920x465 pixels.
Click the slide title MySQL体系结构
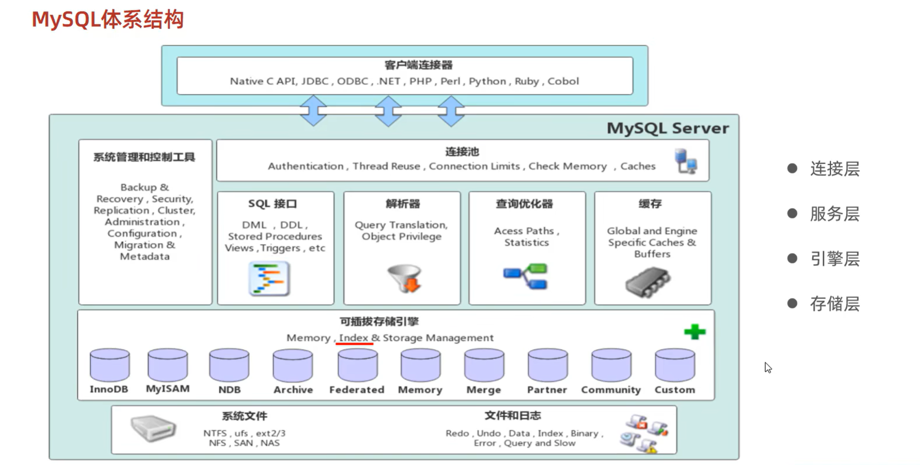tap(107, 20)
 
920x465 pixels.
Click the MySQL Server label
tap(667, 128)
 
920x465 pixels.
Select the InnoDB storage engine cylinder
tap(110, 365)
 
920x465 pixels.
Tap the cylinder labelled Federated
tap(357, 365)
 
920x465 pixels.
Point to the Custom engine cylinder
tap(675, 365)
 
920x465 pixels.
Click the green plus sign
tap(695, 332)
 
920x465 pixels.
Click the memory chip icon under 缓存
tap(648, 282)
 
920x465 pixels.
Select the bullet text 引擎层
tap(834, 259)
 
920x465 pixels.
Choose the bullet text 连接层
tap(834, 169)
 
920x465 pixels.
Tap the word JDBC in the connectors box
tap(315, 81)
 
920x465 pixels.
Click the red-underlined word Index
tap(354, 338)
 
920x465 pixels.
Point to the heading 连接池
tap(462, 152)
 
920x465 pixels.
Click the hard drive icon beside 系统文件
tap(153, 428)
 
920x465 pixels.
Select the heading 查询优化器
tap(524, 204)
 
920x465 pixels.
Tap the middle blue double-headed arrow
tap(388, 111)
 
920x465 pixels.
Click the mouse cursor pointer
tap(767, 367)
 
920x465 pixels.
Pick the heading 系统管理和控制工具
tap(144, 157)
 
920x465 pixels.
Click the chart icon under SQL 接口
tap(269, 279)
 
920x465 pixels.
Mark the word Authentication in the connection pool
tap(305, 166)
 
